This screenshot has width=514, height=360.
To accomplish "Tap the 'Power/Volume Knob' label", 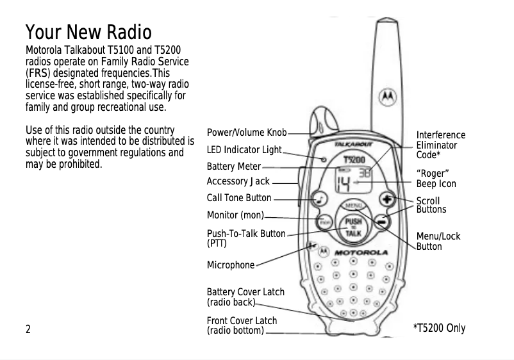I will coord(246,133).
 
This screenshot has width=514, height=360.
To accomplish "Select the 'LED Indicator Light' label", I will coord(244,150).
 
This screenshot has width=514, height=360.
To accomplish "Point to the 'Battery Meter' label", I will coord(233,167).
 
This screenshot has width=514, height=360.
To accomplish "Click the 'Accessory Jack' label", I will coord(238,182).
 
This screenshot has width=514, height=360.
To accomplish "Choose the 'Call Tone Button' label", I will coord(238,198).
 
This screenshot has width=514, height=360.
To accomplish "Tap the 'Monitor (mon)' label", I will coord(235,215).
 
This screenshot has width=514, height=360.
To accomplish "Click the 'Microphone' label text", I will coord(230,265).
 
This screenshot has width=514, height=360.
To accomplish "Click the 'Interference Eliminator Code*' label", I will coord(440,145).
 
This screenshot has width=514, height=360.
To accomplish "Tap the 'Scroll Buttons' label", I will coord(431,206).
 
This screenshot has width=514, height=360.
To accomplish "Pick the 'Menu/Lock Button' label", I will coord(438,241).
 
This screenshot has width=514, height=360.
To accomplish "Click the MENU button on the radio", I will coord(352,206).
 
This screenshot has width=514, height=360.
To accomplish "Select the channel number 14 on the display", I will coord(344,186).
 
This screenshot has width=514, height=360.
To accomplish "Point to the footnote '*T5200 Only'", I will coord(439,329).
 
